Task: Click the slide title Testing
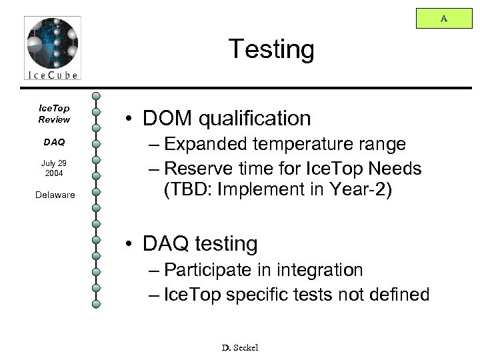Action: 270,49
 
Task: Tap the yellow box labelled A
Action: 443,19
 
